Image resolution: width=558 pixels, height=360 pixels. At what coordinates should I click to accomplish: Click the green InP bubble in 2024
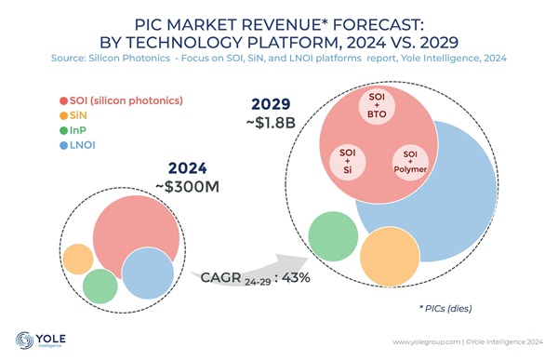point(100,284)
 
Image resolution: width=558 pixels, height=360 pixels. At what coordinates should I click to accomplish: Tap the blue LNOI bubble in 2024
point(148,273)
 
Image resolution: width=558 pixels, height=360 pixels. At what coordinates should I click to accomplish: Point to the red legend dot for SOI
point(63,100)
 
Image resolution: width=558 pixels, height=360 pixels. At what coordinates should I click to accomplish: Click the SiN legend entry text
point(78,115)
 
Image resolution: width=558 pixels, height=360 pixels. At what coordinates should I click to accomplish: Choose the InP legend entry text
point(79,131)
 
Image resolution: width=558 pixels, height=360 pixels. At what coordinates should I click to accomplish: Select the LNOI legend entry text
point(83,146)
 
